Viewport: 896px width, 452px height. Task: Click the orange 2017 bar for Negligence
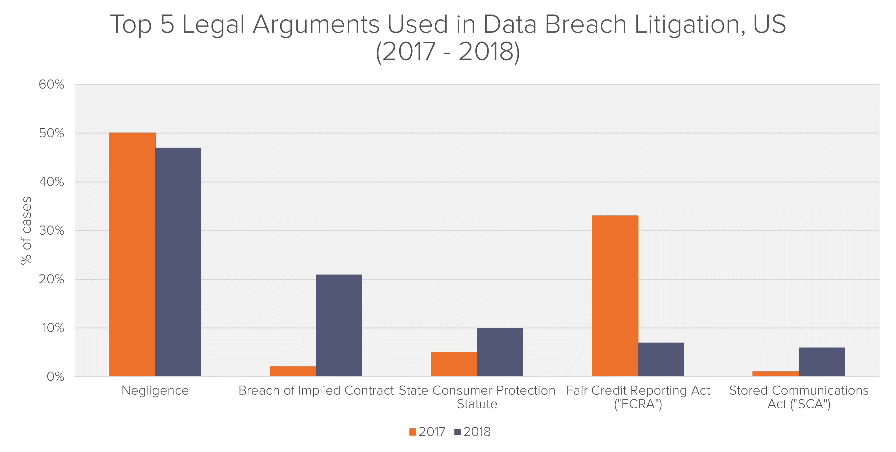click(132, 254)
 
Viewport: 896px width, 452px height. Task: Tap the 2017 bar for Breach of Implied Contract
click(293, 371)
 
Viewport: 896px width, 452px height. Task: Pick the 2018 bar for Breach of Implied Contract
click(339, 325)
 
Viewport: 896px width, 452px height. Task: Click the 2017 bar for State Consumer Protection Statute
click(454, 364)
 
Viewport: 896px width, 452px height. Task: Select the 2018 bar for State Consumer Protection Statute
click(500, 352)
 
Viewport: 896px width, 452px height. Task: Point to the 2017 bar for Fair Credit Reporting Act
click(615, 296)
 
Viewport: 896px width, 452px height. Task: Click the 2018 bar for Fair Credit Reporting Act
click(661, 359)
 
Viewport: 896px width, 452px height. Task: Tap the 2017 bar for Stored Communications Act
click(776, 373)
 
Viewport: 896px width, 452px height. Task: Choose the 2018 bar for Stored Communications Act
click(822, 362)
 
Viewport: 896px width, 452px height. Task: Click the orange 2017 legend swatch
click(413, 432)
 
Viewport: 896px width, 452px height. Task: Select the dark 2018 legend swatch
click(458, 432)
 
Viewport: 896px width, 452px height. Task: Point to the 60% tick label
click(52, 84)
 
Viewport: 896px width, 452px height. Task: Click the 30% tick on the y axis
click(52, 230)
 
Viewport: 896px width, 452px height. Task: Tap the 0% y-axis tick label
click(55, 376)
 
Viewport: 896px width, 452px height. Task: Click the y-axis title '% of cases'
click(26, 230)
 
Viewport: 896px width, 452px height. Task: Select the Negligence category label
click(155, 391)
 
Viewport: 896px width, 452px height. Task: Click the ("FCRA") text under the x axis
click(638, 404)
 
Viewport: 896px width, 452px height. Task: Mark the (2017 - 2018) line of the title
click(448, 52)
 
